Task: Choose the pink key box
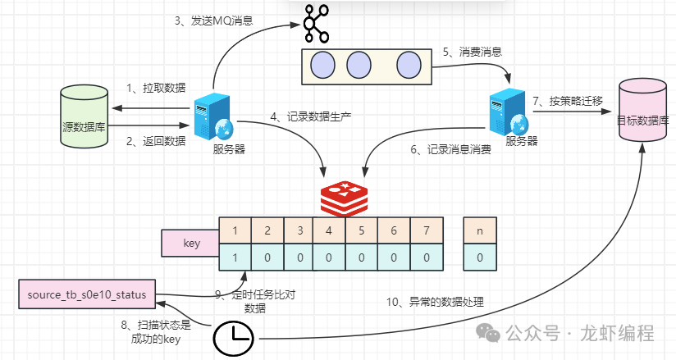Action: tap(190, 244)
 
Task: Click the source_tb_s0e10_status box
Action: tap(86, 294)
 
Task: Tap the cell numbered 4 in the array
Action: tap(329, 230)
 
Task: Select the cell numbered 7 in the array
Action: tap(426, 230)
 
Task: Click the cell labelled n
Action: tap(480, 230)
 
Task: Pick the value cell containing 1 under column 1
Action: tap(235, 257)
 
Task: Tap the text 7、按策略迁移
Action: tap(567, 101)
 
